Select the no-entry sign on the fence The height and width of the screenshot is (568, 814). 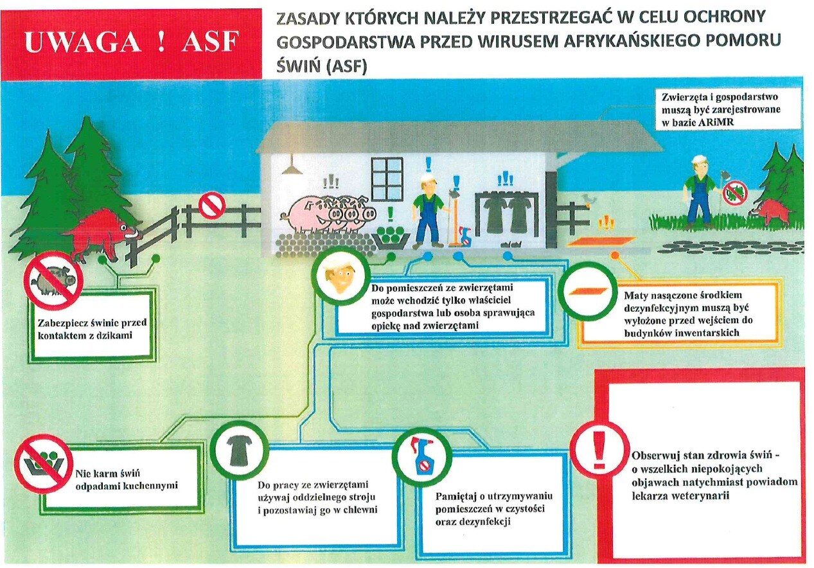click(212, 206)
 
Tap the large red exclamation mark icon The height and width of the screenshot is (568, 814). click(599, 453)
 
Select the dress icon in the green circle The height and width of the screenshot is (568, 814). click(240, 450)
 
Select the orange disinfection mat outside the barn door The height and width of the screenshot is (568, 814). click(601, 242)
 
